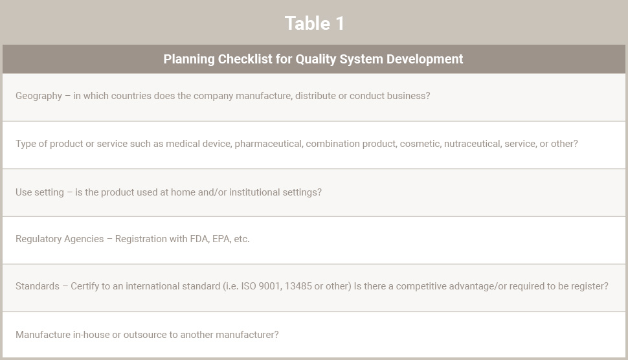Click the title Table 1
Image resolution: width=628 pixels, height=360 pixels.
click(x=315, y=23)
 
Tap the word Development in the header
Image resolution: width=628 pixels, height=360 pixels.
click(x=425, y=60)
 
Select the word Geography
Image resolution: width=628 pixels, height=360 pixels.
click(x=39, y=96)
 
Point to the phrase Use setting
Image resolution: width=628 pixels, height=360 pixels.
click(x=39, y=192)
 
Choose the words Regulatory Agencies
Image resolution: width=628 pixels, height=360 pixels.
click(x=60, y=239)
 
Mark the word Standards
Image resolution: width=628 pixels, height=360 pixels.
click(x=38, y=286)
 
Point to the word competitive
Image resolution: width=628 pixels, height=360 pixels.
click(x=421, y=286)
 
